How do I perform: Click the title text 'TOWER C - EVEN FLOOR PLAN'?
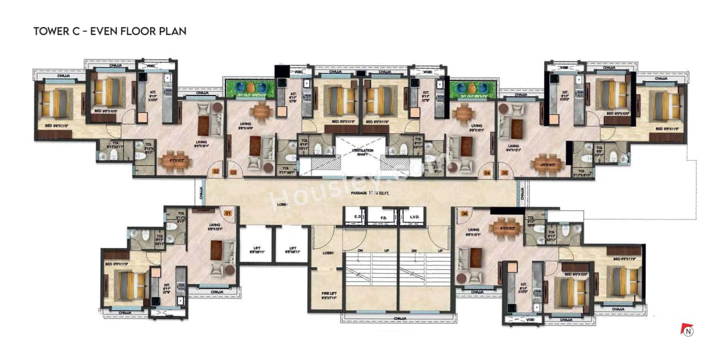point(110,31)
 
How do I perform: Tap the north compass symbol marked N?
point(687,330)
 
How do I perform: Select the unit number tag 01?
point(228,213)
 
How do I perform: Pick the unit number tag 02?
point(215,172)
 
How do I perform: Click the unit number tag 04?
point(487,173)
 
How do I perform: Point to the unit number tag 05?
point(505,173)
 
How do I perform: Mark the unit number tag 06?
point(463,213)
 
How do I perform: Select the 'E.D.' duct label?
point(356,217)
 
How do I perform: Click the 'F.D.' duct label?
point(385,217)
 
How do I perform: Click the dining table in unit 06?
point(506,228)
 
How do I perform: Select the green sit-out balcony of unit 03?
point(249,88)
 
